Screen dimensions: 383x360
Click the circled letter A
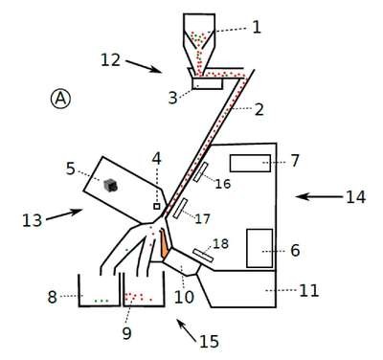(60, 99)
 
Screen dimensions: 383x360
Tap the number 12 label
(111, 60)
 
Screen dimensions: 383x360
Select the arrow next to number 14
(319, 197)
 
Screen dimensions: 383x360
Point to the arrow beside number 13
(64, 214)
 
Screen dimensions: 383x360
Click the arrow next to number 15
(187, 330)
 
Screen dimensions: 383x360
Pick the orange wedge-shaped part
(164, 243)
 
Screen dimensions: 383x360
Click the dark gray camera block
(110, 185)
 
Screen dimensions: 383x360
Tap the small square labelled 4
(157, 207)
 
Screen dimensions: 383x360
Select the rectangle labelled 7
(250, 163)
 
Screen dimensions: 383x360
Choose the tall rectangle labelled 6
(259, 248)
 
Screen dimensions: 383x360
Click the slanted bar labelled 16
(200, 171)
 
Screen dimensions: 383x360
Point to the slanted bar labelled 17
(180, 208)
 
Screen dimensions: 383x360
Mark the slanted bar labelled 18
(203, 256)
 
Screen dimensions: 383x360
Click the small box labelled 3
(208, 84)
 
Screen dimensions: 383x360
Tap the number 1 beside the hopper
(257, 28)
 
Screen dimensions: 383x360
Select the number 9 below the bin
(126, 333)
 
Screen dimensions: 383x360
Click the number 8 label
(53, 297)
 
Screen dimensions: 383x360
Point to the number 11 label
(309, 290)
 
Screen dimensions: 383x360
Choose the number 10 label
(184, 297)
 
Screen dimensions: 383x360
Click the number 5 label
(71, 169)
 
